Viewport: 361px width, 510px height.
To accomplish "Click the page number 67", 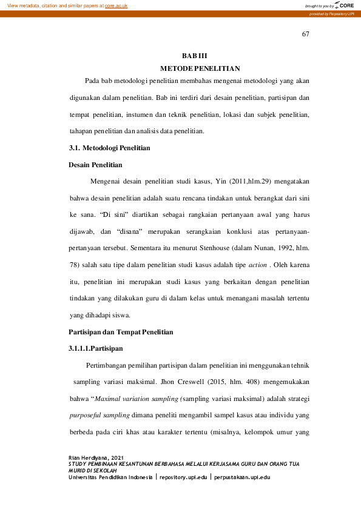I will point(306,34).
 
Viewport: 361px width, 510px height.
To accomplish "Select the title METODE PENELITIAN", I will point(200,68).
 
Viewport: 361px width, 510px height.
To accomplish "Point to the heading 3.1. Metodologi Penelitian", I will point(109,148).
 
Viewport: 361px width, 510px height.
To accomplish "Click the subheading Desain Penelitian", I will point(95,164).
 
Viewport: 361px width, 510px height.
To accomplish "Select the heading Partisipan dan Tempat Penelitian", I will point(121,332).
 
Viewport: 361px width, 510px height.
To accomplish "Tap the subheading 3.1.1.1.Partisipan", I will point(96,349).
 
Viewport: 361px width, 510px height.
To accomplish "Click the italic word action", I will point(258,265).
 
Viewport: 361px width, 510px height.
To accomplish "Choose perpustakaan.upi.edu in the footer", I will point(242,477).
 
